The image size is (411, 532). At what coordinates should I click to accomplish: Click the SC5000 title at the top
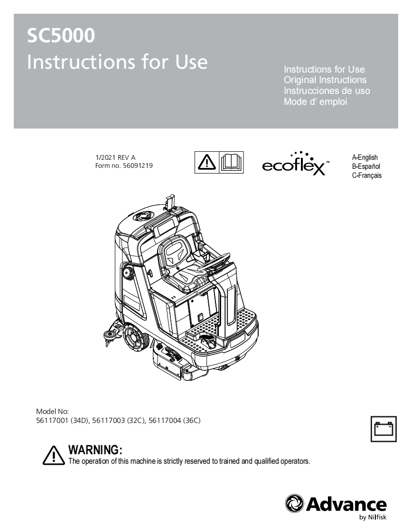(x=61, y=35)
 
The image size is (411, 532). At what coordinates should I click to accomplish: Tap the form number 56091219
(x=138, y=165)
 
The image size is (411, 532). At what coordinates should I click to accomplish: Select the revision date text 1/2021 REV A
(x=115, y=157)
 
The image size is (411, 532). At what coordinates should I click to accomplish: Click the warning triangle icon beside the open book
(x=206, y=163)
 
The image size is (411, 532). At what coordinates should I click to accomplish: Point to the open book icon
(x=231, y=163)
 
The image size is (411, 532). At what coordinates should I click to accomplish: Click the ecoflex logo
(x=296, y=164)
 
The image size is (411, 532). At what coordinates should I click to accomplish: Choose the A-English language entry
(x=365, y=157)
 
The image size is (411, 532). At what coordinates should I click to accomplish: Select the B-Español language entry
(x=366, y=166)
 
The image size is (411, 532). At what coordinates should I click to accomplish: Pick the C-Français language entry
(x=367, y=175)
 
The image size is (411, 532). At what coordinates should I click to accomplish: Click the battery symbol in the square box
(x=383, y=429)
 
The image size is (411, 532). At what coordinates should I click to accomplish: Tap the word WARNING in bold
(x=95, y=449)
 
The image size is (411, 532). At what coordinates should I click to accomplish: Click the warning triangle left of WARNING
(x=54, y=455)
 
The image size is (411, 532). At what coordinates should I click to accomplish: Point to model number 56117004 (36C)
(x=175, y=421)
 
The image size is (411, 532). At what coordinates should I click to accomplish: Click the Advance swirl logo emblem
(x=295, y=504)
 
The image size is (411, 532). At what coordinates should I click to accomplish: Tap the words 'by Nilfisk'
(x=373, y=517)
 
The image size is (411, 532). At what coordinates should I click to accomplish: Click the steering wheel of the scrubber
(x=215, y=262)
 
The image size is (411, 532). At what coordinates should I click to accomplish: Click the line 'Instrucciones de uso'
(x=327, y=91)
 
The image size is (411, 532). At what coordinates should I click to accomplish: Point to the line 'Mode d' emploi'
(x=316, y=101)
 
